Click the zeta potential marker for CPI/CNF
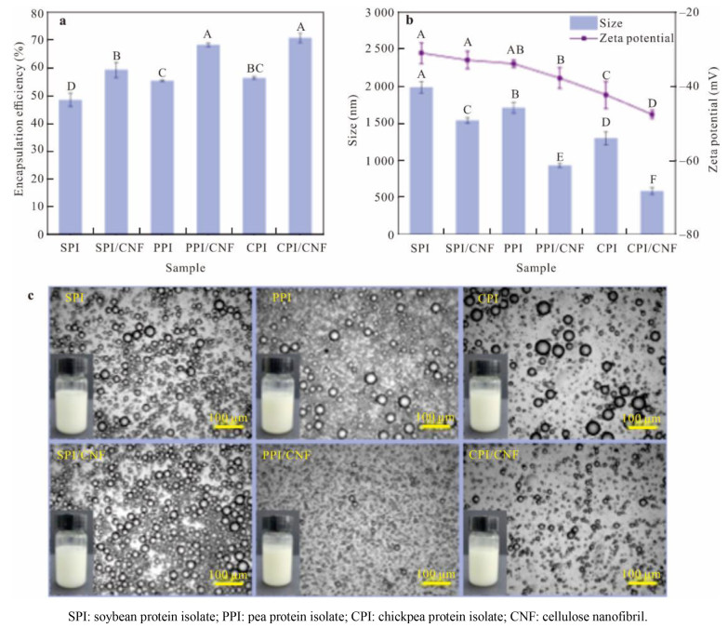coord(651,114)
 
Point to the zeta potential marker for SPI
coord(421,53)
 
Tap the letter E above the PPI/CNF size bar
coord(560,155)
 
